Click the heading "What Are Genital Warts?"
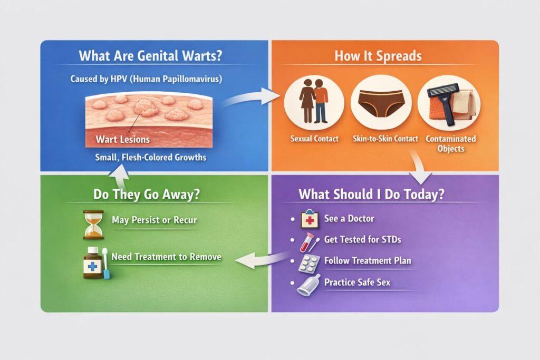click(150, 56)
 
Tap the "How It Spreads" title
click(378, 56)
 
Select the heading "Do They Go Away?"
click(147, 194)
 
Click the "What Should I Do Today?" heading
click(371, 194)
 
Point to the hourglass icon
click(93, 225)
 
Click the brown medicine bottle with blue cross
click(92, 263)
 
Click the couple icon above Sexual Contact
click(313, 101)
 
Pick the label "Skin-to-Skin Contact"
click(385, 139)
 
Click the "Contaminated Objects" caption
click(451, 143)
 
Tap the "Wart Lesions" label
click(122, 139)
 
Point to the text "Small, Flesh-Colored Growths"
click(150, 158)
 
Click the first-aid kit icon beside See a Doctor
click(309, 219)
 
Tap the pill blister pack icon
click(308, 264)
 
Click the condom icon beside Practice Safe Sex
click(307, 285)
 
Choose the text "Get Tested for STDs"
click(363, 239)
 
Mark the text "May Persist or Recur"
click(155, 220)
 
